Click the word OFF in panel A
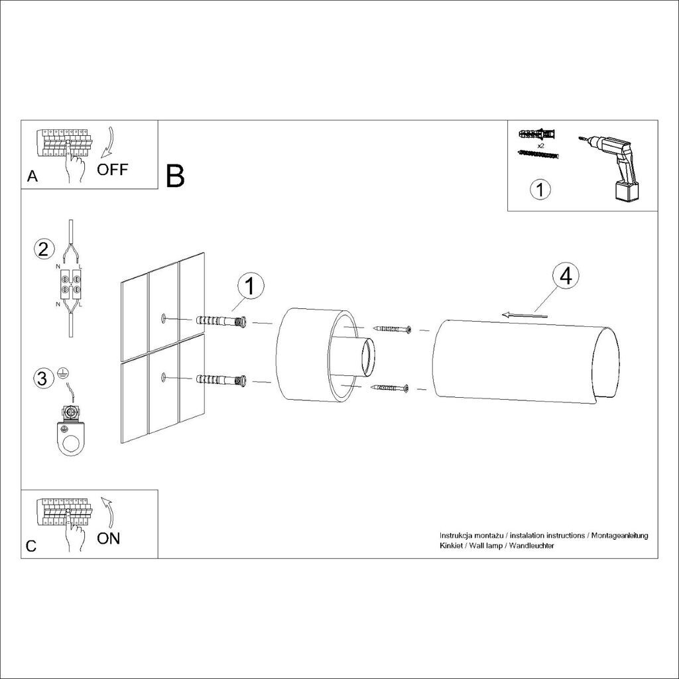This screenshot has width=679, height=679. [x=112, y=169]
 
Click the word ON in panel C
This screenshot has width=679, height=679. [x=108, y=538]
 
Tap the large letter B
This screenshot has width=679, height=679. [x=175, y=176]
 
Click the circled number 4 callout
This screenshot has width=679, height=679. [x=566, y=276]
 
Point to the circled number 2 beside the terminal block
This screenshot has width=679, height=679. [x=44, y=249]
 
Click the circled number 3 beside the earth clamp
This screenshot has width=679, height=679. [x=42, y=378]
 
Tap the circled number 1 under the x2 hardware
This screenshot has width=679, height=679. [x=540, y=190]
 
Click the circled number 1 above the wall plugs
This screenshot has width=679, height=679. [x=250, y=286]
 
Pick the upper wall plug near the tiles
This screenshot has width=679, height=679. [x=221, y=322]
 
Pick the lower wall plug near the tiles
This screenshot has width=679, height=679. [x=221, y=380]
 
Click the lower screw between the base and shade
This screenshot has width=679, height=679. [x=390, y=387]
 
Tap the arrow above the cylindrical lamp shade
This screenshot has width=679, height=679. [x=525, y=315]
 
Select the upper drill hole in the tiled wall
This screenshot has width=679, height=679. [x=164, y=319]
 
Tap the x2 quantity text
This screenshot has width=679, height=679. [x=540, y=146]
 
